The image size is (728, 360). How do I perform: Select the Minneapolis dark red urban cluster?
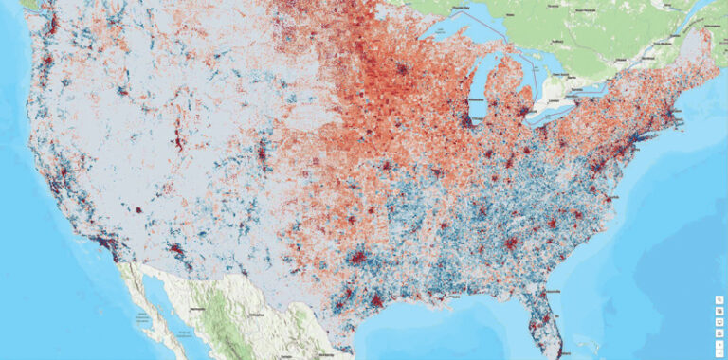tap(407, 69)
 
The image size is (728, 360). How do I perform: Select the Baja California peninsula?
tap(142, 294)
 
